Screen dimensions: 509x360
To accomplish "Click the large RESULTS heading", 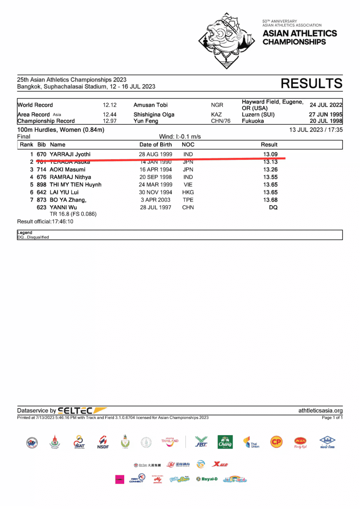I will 311,84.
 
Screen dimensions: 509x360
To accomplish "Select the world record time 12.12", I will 110,105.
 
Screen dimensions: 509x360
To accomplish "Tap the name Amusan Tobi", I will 150,105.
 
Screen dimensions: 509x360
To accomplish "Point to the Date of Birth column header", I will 156,144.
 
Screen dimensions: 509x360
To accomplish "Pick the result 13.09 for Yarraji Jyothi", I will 270,154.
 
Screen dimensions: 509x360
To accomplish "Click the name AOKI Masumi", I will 67,170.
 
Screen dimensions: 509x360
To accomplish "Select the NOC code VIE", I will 188,185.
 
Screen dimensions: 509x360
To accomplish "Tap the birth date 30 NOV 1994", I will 156,192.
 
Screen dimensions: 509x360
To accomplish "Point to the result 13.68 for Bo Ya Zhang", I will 270,200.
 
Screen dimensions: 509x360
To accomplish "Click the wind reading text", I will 180,136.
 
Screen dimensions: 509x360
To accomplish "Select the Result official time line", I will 45,221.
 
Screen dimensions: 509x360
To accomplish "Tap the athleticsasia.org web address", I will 320,410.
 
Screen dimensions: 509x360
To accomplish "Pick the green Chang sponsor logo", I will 225,442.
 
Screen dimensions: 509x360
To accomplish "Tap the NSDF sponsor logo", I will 103,442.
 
